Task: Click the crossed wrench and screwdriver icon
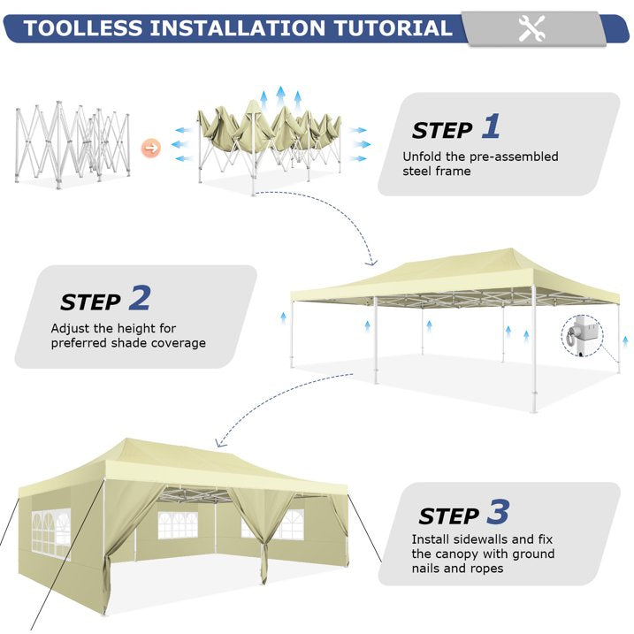point(531,28)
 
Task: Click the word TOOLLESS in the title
point(83,28)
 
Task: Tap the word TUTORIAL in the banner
point(393,28)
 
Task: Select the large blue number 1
point(491,126)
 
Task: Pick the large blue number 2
point(140,298)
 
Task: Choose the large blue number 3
point(498,511)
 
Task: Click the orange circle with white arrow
point(151,148)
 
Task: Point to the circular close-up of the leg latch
point(582,336)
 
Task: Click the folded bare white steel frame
point(73,145)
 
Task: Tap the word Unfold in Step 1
point(422,157)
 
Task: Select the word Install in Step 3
point(431,539)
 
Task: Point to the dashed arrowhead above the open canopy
point(371,264)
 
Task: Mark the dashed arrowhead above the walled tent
point(220,443)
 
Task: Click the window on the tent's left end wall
point(51,533)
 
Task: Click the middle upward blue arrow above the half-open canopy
point(280,96)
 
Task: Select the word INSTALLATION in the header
point(239,28)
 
